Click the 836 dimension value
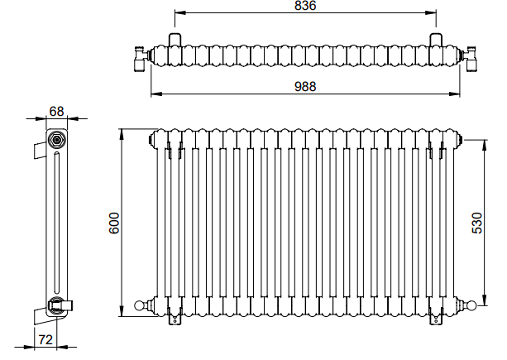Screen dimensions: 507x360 [x=305, y=6]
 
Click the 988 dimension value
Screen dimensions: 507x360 [x=305, y=87]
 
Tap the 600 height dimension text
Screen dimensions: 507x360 [x=114, y=223]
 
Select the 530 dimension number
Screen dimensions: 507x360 [x=477, y=223]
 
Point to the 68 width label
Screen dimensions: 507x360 [x=56, y=111]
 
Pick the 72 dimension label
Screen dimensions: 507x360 [x=45, y=339]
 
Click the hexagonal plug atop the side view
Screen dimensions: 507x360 [x=57, y=140]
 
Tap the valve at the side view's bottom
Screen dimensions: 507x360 [x=60, y=305]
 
